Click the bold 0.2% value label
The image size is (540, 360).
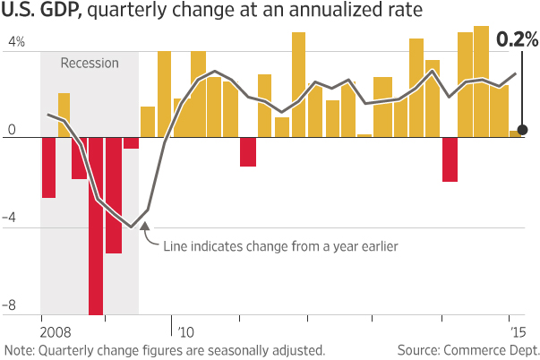518,39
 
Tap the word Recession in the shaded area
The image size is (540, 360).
90,64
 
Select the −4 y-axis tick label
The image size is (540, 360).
13,219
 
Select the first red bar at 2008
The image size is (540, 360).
48,167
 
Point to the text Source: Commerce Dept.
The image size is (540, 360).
467,350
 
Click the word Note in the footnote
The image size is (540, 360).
18,350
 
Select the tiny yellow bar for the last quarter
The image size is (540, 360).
514,133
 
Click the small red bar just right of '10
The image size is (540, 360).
248,151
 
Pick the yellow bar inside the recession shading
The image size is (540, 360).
64,115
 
